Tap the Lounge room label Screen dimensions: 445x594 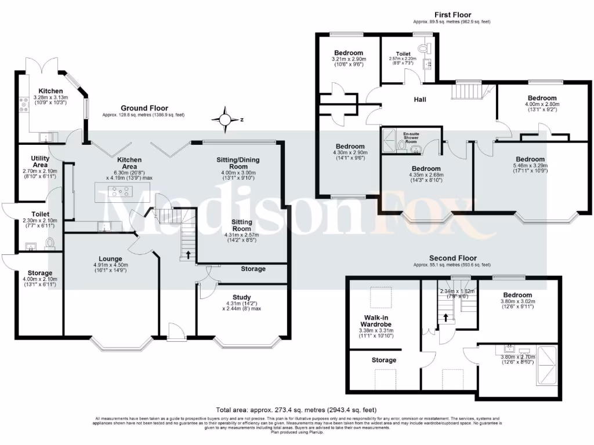tap(110, 258)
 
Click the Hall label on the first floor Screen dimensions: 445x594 tap(420, 100)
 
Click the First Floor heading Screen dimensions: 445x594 tap(452, 14)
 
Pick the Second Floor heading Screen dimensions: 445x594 tap(452, 258)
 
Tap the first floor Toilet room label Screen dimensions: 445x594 tap(403, 54)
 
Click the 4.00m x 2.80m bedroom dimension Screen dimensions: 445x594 tap(542, 105)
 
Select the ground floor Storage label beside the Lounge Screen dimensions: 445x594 tap(40, 273)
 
